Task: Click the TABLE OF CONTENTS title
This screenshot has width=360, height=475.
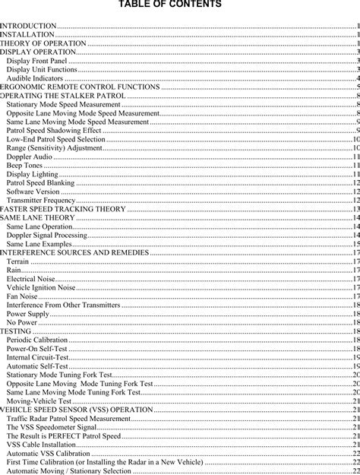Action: point(180,5)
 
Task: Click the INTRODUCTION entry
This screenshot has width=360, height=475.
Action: point(28,27)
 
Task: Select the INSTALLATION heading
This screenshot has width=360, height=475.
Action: point(27,35)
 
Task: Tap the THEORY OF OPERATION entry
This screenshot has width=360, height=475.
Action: point(43,44)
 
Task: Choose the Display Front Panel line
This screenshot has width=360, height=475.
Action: point(36,61)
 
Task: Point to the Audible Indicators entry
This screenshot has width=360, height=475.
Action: point(35,78)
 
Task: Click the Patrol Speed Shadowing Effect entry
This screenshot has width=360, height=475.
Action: point(54,131)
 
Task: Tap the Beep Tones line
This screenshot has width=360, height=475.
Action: point(24,165)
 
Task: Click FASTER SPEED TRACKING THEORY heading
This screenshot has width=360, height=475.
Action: point(63,208)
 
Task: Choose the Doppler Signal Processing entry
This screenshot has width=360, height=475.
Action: point(46,235)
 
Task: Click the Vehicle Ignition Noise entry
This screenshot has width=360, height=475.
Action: point(41,288)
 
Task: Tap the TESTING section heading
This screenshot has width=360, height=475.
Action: point(16,331)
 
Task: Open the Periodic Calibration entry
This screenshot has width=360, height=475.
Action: point(36,340)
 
